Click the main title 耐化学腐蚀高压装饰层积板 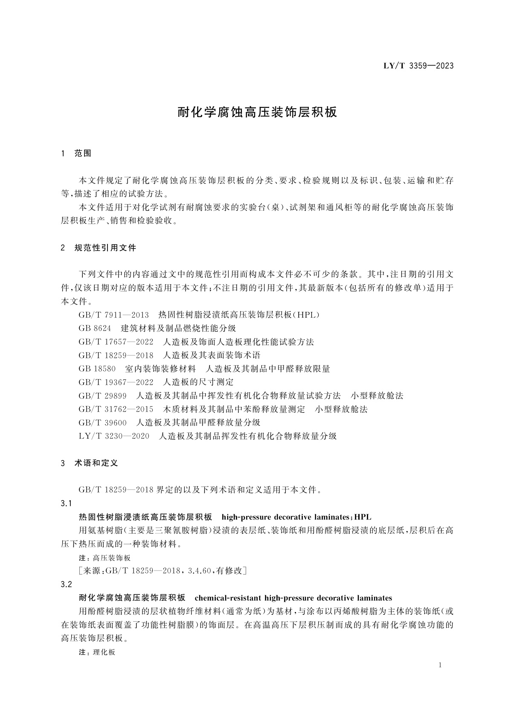click(257, 112)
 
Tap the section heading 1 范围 click(77, 153)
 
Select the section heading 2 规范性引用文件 click(99, 248)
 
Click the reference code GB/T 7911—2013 click(113, 315)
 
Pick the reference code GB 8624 click(95, 328)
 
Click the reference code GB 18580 click(97, 369)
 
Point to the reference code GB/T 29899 click(103, 395)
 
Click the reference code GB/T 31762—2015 click(116, 409)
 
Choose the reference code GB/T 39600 click(103, 422)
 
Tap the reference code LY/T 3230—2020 click(114, 436)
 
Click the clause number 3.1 click(67, 503)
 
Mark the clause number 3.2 click(67, 584)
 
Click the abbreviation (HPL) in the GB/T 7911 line click(306, 315)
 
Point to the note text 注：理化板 click(97, 652)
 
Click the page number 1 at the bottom click(440, 666)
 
